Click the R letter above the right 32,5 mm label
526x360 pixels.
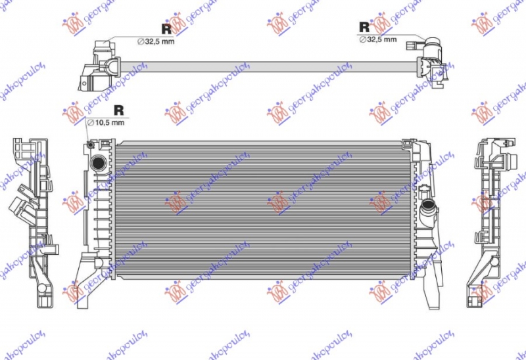tap(364, 27)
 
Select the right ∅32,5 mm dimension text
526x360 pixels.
tap(378, 39)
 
